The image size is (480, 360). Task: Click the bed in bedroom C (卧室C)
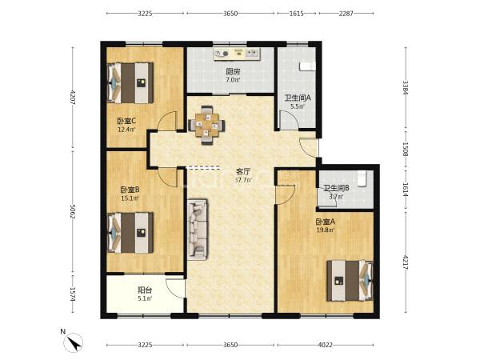tap(130, 83)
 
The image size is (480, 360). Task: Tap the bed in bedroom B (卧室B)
tap(130, 233)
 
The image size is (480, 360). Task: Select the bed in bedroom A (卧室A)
tap(350, 281)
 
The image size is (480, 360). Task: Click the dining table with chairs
tap(207, 125)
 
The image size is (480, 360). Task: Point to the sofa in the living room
tap(198, 230)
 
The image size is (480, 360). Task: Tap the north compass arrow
tap(74, 342)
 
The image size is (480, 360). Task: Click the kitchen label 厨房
tap(233, 72)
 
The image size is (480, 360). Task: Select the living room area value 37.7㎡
tap(244, 180)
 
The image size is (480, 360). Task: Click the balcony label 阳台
tap(145, 290)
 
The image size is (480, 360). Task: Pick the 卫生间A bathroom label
tap(298, 98)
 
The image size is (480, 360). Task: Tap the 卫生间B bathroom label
tap(336, 188)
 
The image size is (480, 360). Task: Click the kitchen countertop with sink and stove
tap(237, 54)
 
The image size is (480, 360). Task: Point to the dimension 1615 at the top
tap(297, 14)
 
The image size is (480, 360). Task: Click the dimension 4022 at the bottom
tap(325, 345)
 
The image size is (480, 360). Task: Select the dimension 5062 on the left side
tap(73, 211)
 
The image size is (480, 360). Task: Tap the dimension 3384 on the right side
tap(406, 87)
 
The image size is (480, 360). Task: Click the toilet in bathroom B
tap(362, 178)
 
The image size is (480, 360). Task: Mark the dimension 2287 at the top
tap(346, 14)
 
